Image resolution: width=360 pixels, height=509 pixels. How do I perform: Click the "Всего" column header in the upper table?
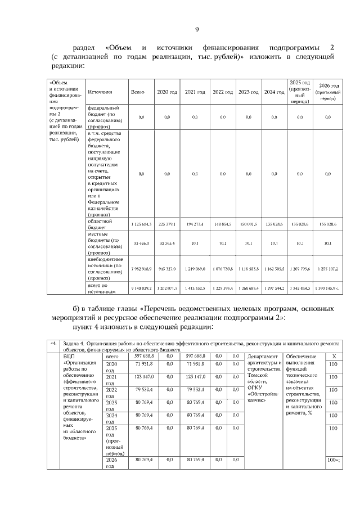tap(138, 92)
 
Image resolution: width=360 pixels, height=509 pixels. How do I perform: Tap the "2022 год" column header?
tap(223, 92)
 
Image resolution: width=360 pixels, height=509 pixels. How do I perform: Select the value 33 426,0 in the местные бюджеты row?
tap(141, 244)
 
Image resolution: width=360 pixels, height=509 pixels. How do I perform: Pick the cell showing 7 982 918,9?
tap(141, 269)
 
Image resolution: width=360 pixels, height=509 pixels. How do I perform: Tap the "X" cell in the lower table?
tap(334, 356)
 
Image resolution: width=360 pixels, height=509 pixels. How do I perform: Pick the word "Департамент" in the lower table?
tap(263, 356)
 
